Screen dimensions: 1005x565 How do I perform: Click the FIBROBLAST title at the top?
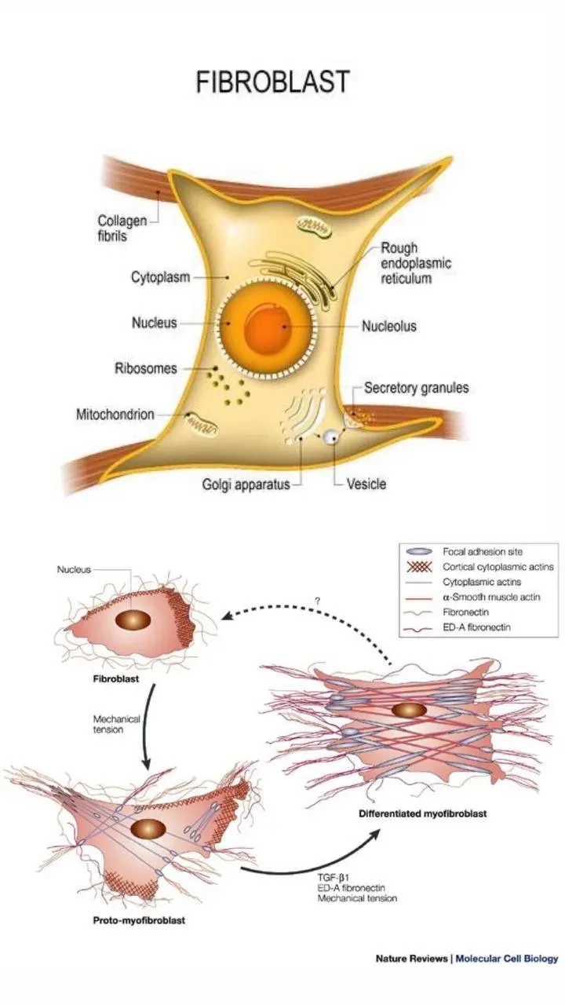click(x=272, y=82)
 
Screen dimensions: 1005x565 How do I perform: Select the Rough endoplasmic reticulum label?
click(x=411, y=263)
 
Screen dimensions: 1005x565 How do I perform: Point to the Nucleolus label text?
click(x=388, y=326)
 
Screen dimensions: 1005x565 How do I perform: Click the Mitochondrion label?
click(x=115, y=414)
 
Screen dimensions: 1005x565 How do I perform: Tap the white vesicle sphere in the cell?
click(x=333, y=436)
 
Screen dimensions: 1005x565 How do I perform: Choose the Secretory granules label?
click(x=415, y=388)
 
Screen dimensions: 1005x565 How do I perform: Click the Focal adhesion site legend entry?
click(x=483, y=551)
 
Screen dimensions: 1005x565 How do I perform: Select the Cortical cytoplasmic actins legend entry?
click(x=498, y=567)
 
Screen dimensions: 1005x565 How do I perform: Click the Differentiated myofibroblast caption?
click(x=423, y=813)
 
